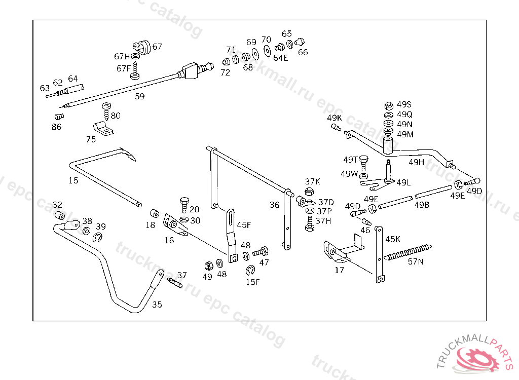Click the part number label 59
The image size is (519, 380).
[139, 96]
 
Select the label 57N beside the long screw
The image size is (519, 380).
[416, 262]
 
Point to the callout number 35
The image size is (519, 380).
[157, 305]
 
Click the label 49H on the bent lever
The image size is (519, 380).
[416, 162]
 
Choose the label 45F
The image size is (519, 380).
[244, 224]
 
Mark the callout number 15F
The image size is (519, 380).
[252, 282]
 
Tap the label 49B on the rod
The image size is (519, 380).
[422, 205]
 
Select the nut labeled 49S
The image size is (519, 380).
[389, 106]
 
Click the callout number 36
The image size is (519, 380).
[274, 205]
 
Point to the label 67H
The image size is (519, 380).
[122, 56]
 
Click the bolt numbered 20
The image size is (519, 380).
[184, 204]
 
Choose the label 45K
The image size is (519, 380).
[393, 239]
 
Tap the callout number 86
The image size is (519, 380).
[56, 127]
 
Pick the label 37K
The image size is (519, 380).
[312, 181]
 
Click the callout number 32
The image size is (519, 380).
[57, 205]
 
